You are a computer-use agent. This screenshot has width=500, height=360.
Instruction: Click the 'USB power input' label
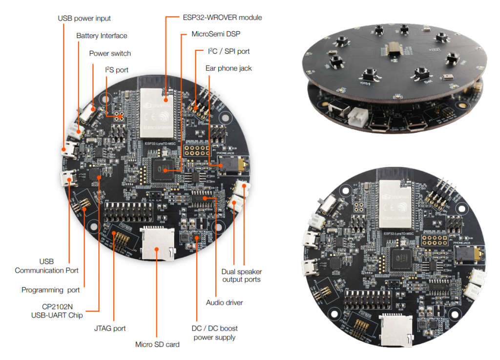coord(84,19)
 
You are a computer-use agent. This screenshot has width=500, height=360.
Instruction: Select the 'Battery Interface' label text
coord(102,36)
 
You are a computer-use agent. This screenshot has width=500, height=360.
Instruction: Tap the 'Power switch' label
coord(110,53)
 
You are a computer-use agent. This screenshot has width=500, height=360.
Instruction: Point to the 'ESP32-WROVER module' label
coord(222,18)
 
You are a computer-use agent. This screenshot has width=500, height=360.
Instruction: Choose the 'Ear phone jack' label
coord(229,68)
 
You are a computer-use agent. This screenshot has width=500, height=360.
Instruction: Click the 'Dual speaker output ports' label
coord(242,275)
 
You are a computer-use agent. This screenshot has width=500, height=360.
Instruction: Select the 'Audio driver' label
coord(225,302)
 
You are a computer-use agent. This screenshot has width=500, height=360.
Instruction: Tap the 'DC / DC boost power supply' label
coord(215,333)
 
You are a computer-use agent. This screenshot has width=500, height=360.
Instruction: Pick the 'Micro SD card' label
coord(157,344)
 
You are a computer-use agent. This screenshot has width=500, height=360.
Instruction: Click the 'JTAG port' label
coord(109,328)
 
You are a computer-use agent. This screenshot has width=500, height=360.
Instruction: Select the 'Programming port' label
coord(50,290)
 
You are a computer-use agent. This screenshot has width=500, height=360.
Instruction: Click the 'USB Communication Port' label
coord(46,266)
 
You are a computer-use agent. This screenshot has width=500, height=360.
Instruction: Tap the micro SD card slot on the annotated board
coord(157,243)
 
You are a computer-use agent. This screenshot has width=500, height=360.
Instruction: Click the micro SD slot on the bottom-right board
coord(396,328)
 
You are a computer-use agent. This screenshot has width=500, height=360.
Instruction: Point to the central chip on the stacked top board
coord(394,49)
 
